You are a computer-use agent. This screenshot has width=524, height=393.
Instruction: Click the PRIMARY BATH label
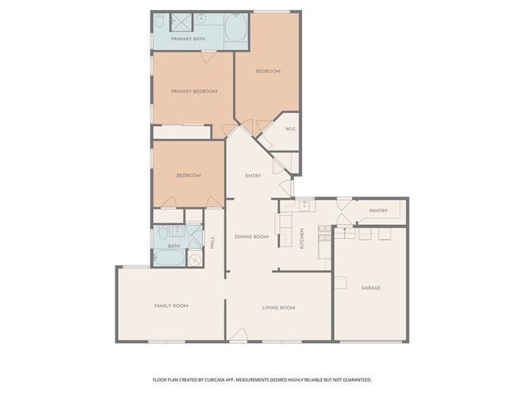(x=187, y=38)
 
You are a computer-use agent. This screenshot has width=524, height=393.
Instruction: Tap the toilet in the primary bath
(x=160, y=20)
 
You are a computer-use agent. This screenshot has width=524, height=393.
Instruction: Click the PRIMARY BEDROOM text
(x=194, y=91)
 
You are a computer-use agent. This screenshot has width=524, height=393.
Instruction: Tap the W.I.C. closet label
(x=290, y=129)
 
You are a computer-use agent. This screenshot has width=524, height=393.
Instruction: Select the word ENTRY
(x=253, y=176)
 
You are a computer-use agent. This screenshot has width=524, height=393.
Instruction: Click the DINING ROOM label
(x=251, y=237)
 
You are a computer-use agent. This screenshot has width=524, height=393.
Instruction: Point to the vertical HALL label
(x=211, y=242)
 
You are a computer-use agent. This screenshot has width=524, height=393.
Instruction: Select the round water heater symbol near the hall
(x=195, y=260)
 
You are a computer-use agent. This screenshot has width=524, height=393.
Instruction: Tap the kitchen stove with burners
(x=324, y=233)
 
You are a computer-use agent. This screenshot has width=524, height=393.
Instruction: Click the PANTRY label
(x=377, y=210)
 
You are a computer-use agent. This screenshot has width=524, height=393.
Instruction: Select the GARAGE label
(x=371, y=287)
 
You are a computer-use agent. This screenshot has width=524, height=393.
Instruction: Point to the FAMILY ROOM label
(x=171, y=305)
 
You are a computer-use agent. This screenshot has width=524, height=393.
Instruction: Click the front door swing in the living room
(x=238, y=334)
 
